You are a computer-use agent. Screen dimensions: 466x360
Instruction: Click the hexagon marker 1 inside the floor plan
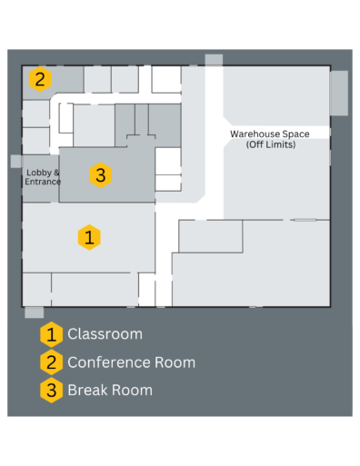pyautogui.click(x=88, y=237)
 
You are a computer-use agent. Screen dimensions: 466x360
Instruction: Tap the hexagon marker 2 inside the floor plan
pyautogui.click(x=39, y=79)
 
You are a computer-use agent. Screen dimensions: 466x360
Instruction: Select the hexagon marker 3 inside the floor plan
pyautogui.click(x=101, y=174)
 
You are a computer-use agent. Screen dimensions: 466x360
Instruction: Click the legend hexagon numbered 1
pyautogui.click(x=52, y=334)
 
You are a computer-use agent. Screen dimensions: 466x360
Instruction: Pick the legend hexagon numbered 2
pyautogui.click(x=52, y=362)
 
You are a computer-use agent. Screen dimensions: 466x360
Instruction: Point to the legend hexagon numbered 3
pyautogui.click(x=52, y=391)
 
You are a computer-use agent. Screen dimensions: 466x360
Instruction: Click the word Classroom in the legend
pyautogui.click(x=105, y=334)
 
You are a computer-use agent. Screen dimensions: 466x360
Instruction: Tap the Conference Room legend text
pyautogui.click(x=131, y=362)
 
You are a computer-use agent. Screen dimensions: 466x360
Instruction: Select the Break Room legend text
pyautogui.click(x=110, y=391)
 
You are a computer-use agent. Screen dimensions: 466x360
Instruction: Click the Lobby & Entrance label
pyautogui.click(x=42, y=176)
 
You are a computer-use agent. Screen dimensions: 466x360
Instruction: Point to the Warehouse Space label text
pyautogui.click(x=269, y=134)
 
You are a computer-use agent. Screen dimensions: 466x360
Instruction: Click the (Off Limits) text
pyautogui.click(x=271, y=144)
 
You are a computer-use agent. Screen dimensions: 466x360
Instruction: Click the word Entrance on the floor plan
pyautogui.click(x=42, y=182)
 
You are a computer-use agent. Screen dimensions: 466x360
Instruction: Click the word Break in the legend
pyautogui.click(x=87, y=391)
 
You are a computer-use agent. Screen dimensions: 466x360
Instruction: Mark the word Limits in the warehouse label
pyautogui.click(x=279, y=144)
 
